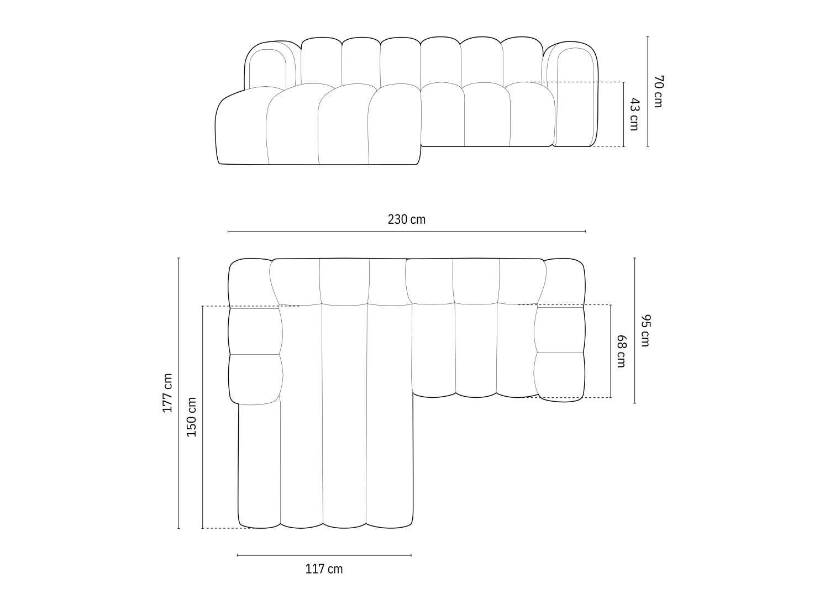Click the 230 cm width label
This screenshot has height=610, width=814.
(x=406, y=219)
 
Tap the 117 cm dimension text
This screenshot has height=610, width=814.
(x=324, y=569)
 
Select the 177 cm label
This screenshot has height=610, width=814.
(x=167, y=393)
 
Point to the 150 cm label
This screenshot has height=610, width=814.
(x=192, y=417)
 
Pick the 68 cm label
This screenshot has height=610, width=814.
(x=621, y=351)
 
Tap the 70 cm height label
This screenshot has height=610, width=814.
(x=658, y=91)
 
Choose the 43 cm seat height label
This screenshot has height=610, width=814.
(x=634, y=114)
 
